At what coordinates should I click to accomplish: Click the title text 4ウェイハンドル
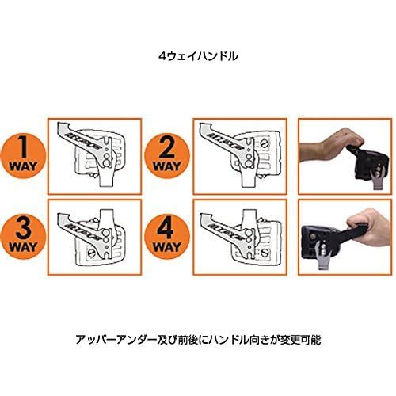click(x=197, y=57)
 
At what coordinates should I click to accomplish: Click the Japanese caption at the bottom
click(x=197, y=338)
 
